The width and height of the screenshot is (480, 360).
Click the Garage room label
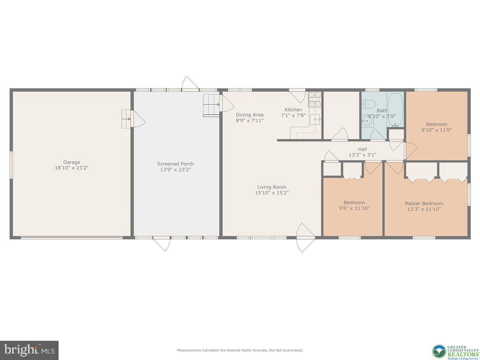[72, 162]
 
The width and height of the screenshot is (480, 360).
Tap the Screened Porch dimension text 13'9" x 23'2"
[175, 170]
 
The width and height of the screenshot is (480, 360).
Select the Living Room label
[271, 187]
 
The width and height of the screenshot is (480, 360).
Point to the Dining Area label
[249, 115]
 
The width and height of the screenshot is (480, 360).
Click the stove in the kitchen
[315, 99]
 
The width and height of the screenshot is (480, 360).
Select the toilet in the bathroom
[369, 104]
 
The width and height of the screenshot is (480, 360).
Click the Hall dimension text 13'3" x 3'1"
[362, 155]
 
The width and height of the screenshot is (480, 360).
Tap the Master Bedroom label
[424, 203]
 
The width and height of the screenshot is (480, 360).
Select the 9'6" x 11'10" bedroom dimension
[354, 208]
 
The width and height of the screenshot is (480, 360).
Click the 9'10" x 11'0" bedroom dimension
[436, 130]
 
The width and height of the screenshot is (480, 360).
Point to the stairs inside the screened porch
[211, 105]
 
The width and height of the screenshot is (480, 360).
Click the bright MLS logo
[29, 350]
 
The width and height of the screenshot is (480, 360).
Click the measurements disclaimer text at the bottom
[240, 350]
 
